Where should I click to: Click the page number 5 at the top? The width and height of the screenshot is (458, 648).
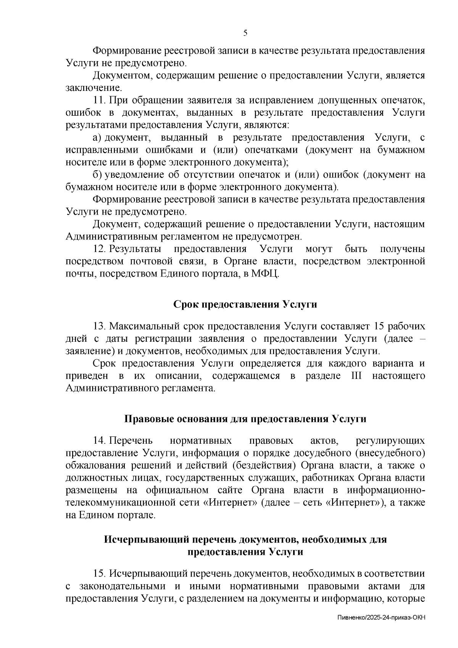click(245, 33)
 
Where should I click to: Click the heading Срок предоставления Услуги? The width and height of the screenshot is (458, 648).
click(245, 304)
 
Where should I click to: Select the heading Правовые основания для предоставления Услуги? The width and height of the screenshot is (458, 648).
click(245, 419)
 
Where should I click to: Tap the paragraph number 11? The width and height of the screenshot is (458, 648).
click(99, 100)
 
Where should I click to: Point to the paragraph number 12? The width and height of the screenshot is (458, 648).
click(99, 249)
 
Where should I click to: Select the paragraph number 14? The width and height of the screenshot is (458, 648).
click(99, 441)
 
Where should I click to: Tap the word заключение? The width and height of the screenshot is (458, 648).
click(93, 88)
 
